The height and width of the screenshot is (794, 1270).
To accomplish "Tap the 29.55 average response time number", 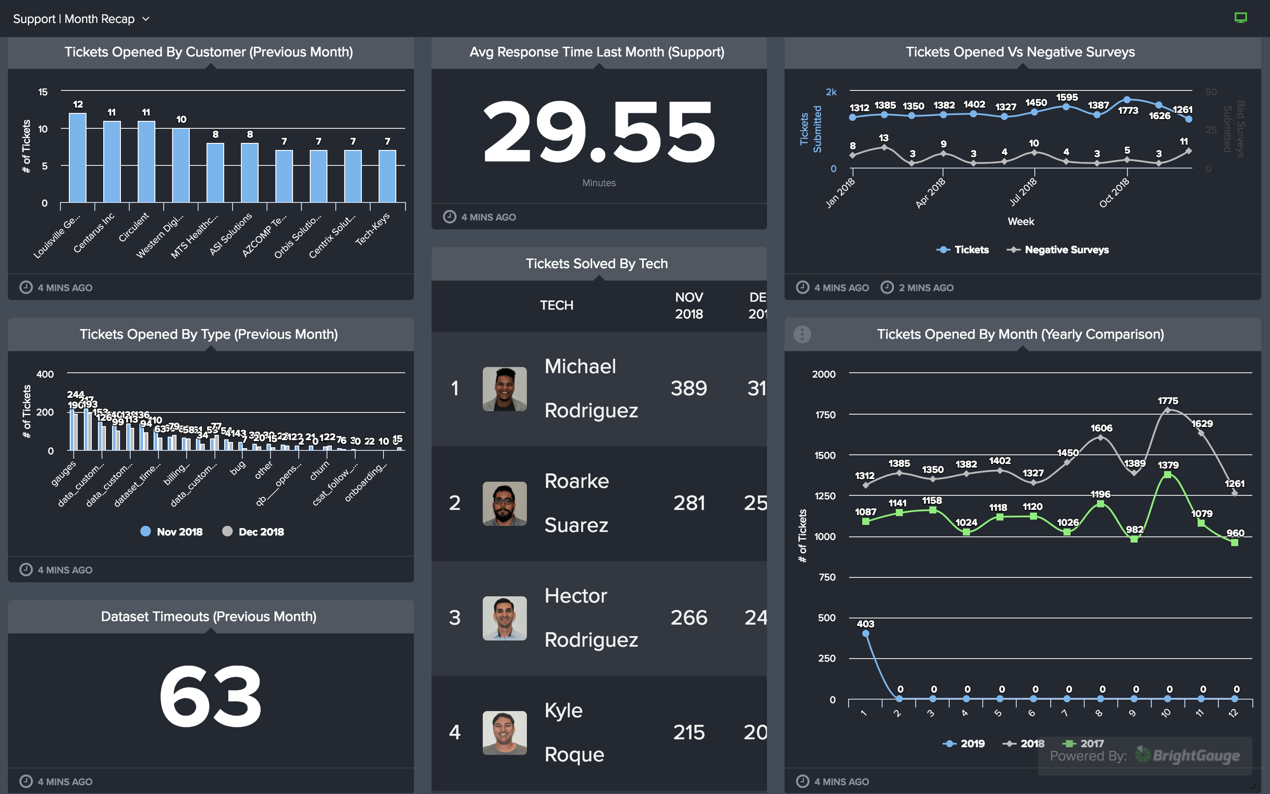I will [x=599, y=132].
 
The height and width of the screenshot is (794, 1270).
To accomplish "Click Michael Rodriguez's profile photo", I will [x=504, y=389].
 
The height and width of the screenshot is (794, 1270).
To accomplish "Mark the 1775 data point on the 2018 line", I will [x=1167, y=411].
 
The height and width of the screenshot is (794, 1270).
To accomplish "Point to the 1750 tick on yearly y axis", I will [x=825, y=415].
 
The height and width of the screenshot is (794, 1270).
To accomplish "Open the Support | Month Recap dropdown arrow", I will [x=146, y=19].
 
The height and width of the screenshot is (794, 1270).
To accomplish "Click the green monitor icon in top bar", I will [x=1240, y=18].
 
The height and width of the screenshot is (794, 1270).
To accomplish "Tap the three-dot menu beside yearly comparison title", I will [x=802, y=334].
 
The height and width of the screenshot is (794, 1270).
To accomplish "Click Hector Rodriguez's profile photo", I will [x=504, y=618].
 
